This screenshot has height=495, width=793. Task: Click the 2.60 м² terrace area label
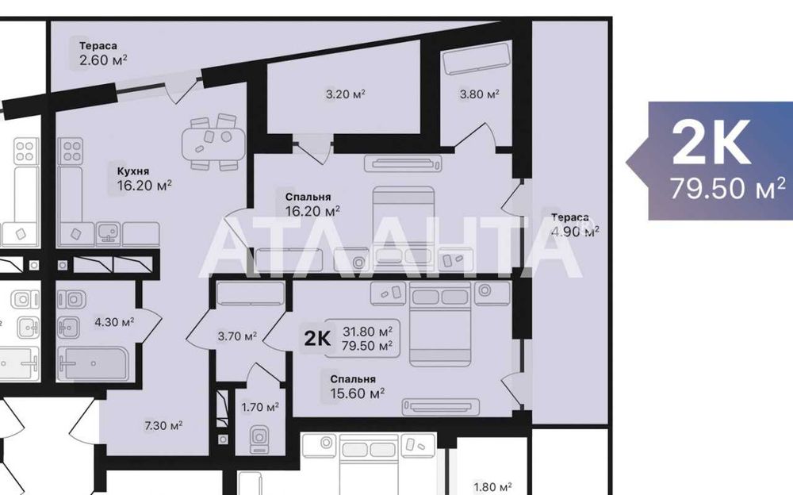coord(103,59)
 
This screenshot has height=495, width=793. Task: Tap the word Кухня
coord(133,171)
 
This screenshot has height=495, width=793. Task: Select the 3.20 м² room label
coord(345,94)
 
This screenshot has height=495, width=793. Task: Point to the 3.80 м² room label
coord(480,94)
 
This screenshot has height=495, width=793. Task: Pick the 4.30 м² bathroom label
coord(114,322)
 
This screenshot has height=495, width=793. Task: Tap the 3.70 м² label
coord(237,336)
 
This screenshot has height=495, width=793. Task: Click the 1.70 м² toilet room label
coord(260,408)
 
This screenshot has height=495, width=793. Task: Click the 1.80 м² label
coord(492,487)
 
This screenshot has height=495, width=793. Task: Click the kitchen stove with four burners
coord(71,150)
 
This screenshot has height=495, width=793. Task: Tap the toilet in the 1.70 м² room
coord(259,439)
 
